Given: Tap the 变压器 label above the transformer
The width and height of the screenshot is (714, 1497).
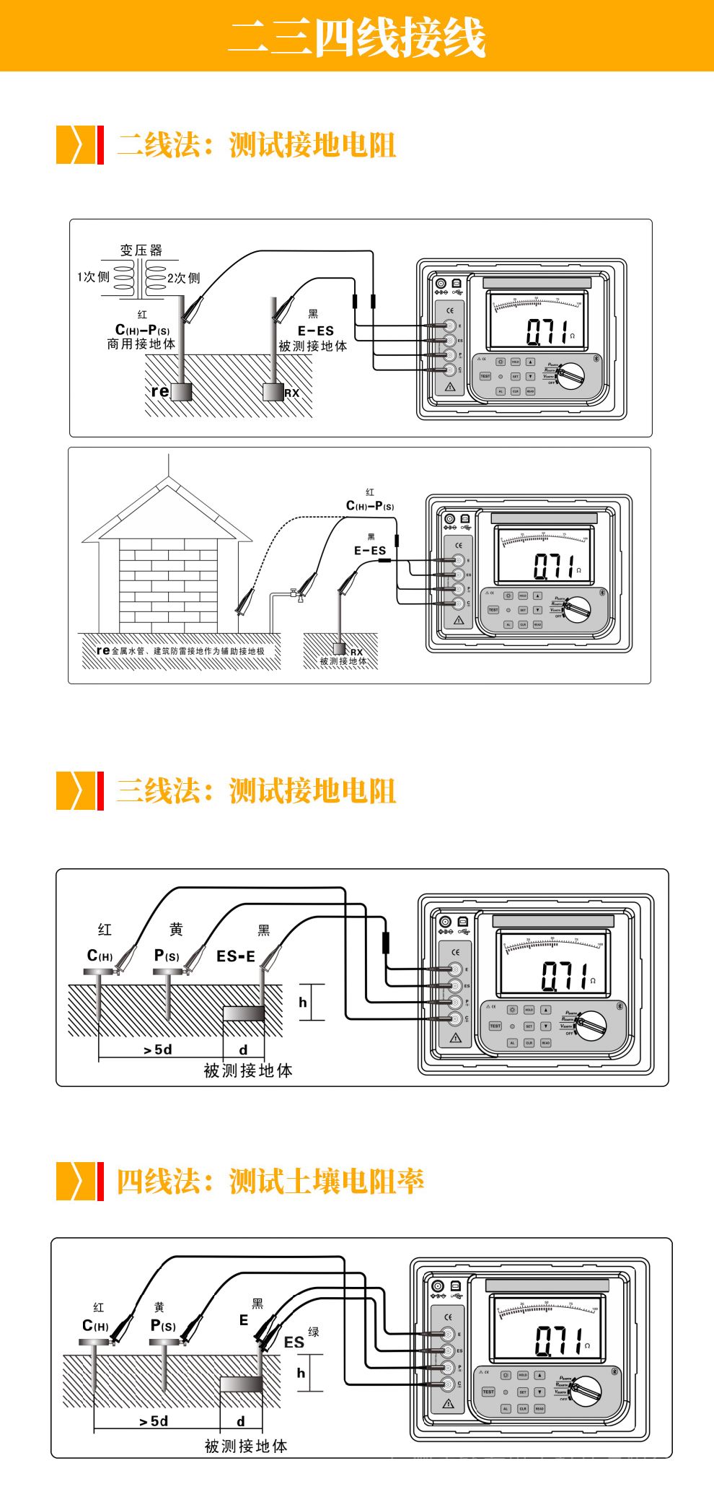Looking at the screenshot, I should pos(141,250).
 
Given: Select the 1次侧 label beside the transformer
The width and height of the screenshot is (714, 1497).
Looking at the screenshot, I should pos(93,277).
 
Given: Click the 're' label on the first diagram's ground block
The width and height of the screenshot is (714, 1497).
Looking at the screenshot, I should pos(159,391).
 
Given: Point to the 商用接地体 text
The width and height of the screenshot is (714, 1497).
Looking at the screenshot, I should pos(141,344).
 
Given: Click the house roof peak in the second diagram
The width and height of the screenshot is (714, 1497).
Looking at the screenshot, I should pos(168,478).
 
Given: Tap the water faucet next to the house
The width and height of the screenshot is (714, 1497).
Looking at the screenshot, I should pos(295,593).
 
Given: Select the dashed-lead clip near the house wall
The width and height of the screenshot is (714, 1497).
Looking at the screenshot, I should pos(246,601).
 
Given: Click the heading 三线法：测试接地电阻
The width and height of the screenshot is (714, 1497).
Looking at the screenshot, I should pos(256,791).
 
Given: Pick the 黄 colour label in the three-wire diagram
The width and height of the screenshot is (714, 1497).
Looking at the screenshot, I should pos(176,930).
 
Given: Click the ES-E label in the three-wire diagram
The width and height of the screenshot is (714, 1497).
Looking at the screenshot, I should pos(236,956).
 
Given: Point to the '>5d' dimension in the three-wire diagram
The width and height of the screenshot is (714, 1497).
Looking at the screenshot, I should pos(158,1049).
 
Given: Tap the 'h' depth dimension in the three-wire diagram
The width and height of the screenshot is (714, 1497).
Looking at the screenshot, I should pos(303,1002).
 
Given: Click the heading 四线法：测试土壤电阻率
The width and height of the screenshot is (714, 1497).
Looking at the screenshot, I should pos(270,1182).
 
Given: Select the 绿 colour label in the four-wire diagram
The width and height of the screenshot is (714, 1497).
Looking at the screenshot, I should pos(314,1332).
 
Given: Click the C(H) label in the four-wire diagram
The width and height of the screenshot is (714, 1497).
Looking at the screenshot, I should pos(95,1326).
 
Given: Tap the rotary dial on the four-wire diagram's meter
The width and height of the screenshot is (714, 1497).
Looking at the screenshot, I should pos(584,1389).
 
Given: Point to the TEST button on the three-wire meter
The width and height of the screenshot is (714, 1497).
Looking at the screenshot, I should pos(495,1026).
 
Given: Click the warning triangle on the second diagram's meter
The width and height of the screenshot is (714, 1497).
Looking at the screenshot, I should pos(459,620).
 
